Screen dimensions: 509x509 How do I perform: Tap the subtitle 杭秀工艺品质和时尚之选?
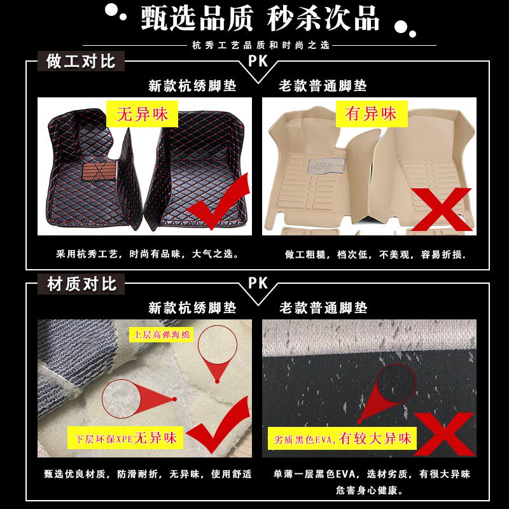point(261,45)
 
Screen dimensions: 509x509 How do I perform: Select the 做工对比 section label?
point(81,61)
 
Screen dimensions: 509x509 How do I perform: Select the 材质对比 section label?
point(81,284)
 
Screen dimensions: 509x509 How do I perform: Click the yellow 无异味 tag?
point(142,114)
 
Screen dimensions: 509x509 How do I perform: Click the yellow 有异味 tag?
point(372,114)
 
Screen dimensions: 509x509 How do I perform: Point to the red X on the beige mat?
point(442,209)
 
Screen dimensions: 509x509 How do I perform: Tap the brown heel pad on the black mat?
point(99,171)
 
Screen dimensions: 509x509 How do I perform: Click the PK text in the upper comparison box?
point(258,60)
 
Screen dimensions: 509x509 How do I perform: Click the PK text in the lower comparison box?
point(258,282)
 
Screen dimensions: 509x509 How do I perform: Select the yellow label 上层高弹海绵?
point(162,335)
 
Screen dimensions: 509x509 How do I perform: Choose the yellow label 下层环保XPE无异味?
point(125,438)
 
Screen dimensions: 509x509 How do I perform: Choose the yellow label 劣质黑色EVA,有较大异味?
point(342,438)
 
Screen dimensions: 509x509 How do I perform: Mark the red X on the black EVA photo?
point(444,434)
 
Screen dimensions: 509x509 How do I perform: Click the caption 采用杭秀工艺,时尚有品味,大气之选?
point(148,253)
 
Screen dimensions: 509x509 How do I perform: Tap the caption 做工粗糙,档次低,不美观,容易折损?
point(376,254)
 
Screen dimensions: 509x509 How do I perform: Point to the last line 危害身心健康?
point(370,490)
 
